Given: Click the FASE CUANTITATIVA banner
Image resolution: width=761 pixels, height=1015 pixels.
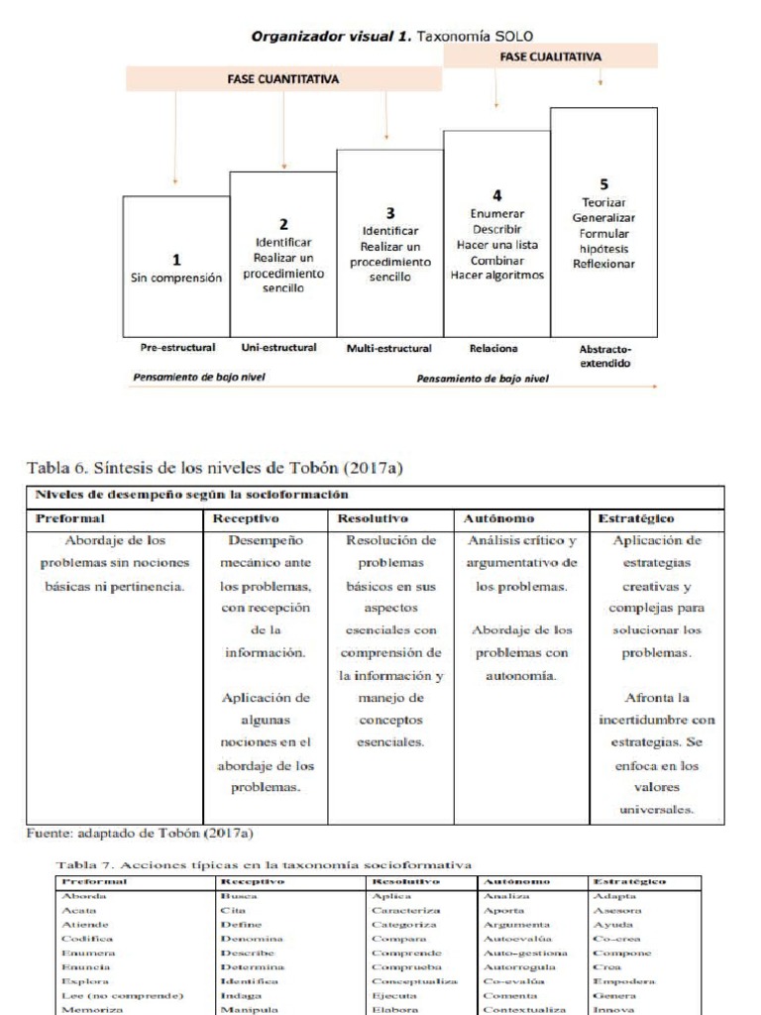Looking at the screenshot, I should tap(283, 78).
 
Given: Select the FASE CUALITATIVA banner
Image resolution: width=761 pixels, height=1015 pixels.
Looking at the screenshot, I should tap(551, 56).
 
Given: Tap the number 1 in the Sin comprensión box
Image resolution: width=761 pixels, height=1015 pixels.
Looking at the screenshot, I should tap(177, 260).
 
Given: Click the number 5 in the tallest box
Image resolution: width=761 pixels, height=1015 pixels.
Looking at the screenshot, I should tap(603, 183).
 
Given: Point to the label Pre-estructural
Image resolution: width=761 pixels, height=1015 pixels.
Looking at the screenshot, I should tap(173, 349).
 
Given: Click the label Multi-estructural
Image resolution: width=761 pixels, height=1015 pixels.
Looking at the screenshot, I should tap(389, 349).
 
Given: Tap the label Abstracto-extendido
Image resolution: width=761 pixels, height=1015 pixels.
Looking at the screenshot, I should tap(603, 356).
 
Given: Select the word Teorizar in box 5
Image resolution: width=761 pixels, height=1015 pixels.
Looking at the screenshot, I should tap(603, 202).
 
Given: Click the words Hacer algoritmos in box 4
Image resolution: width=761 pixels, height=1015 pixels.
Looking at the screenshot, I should tap(496, 277).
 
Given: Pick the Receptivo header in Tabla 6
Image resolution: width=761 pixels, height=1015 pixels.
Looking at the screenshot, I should tap(247, 517).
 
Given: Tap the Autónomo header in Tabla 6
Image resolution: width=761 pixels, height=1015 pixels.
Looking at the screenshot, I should tap(500, 517).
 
